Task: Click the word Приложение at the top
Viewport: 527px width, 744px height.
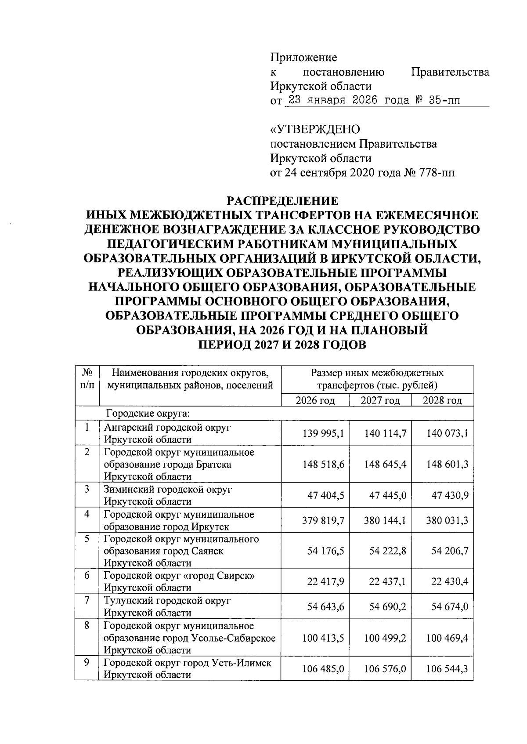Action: tap(303, 58)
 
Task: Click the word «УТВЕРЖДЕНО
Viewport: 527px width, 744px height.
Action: tap(315, 130)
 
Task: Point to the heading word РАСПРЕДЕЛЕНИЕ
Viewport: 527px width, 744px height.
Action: tap(282, 201)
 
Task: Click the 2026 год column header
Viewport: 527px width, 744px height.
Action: tap(315, 400)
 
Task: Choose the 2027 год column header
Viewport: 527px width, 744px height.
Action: tap(380, 400)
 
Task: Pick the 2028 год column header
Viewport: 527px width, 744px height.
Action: tap(442, 400)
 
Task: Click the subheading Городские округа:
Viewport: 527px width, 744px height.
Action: tap(147, 414)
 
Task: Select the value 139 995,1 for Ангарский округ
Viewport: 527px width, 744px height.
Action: tap(323, 434)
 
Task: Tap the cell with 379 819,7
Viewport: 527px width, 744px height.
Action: tap(323, 521)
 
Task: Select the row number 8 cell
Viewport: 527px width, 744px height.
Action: tap(87, 626)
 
